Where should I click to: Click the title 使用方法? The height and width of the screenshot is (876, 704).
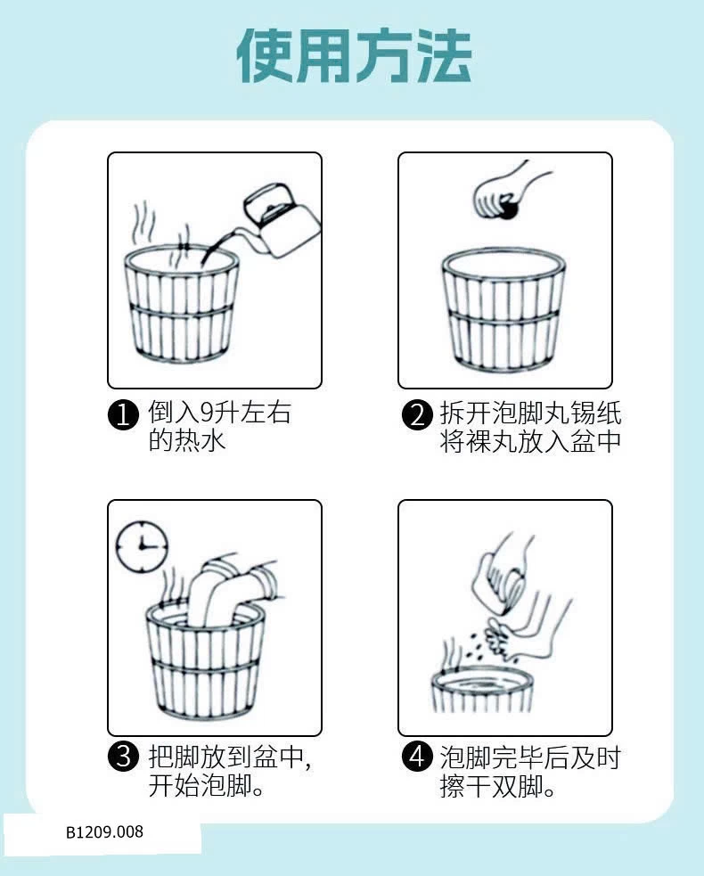[354, 56]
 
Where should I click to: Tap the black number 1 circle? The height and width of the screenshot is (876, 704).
[123, 415]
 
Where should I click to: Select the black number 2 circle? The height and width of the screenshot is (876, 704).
[417, 415]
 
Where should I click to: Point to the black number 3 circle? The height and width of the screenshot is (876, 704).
[123, 757]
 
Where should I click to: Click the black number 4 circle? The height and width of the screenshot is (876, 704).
[417, 757]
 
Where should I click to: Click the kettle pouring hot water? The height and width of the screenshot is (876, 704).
[274, 224]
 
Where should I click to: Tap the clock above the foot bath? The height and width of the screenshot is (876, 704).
[142, 545]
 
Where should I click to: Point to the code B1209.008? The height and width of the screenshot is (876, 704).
[104, 831]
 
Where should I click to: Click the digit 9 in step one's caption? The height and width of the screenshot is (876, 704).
[207, 413]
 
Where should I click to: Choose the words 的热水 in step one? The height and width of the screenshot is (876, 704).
[186, 440]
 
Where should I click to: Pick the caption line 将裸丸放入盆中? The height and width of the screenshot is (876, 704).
[530, 441]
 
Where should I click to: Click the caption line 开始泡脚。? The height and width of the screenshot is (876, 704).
[206, 785]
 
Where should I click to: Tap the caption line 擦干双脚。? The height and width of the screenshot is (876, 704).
[497, 785]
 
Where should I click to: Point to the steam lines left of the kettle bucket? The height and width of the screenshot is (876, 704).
[143, 222]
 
